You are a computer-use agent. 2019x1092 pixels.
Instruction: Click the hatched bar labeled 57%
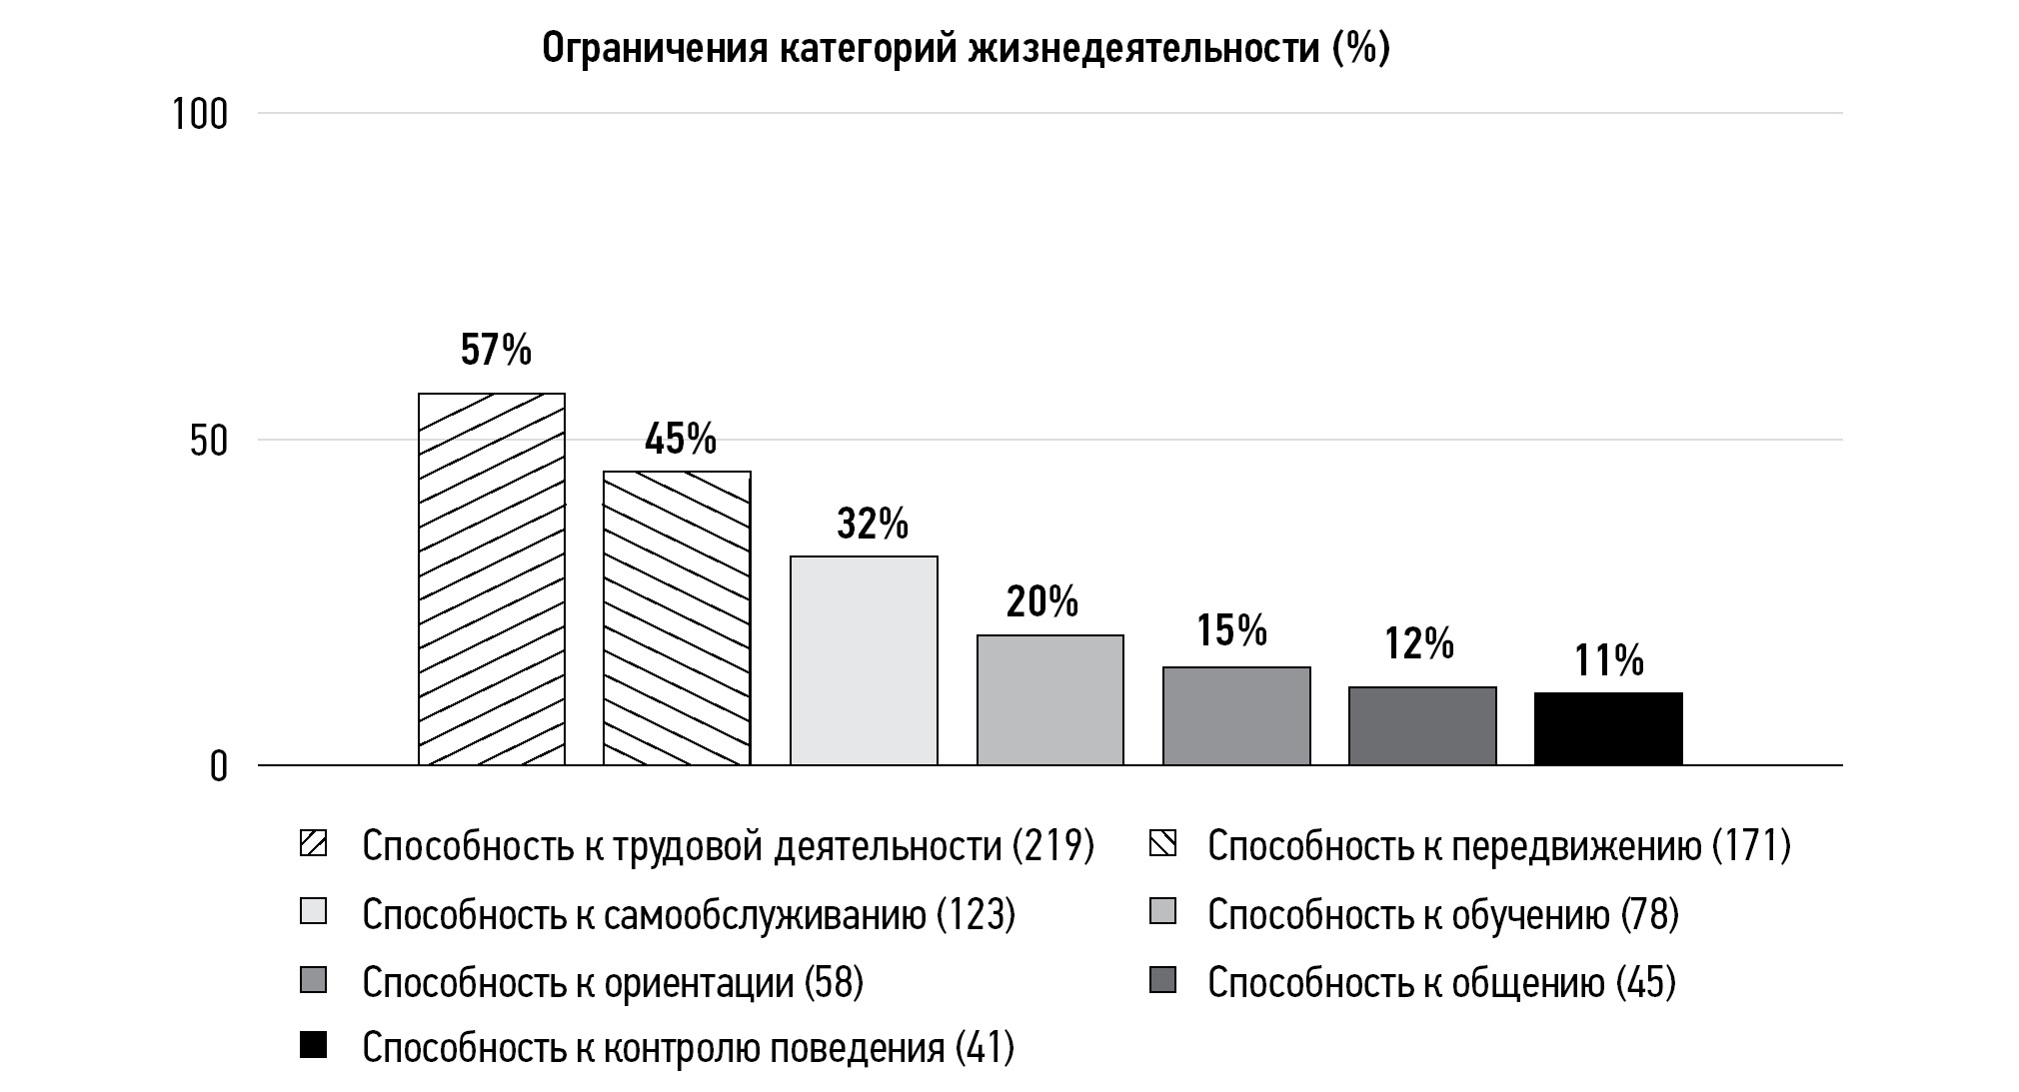coord(492,579)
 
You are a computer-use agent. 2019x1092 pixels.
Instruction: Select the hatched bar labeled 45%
coord(677,618)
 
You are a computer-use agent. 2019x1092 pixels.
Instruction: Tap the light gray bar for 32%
coord(864,660)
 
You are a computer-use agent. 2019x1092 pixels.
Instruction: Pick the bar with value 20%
coord(1050,700)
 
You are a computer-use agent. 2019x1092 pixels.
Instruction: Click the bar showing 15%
coord(1236,716)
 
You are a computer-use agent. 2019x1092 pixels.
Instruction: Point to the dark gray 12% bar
coord(1422,726)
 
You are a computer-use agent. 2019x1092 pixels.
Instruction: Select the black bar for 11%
coord(1608,729)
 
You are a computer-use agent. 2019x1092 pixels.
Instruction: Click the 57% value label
coord(496,350)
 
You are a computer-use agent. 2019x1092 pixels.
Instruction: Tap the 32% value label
coord(873,524)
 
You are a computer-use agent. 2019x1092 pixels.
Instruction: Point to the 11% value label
coord(1609,660)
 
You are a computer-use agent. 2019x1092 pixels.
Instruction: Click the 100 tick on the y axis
coord(200,115)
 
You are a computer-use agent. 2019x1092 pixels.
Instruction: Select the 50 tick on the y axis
coord(209,442)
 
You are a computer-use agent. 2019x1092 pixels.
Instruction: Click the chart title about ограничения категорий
coord(966,48)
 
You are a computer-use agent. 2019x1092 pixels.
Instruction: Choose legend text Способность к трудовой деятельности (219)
coord(728,846)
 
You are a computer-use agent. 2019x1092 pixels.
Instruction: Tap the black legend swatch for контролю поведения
coord(313,1046)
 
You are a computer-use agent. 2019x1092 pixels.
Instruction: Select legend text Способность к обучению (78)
coord(1443,914)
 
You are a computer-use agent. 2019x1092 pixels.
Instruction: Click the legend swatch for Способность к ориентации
coord(313,981)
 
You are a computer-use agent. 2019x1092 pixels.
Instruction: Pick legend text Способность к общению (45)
coord(1441,982)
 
